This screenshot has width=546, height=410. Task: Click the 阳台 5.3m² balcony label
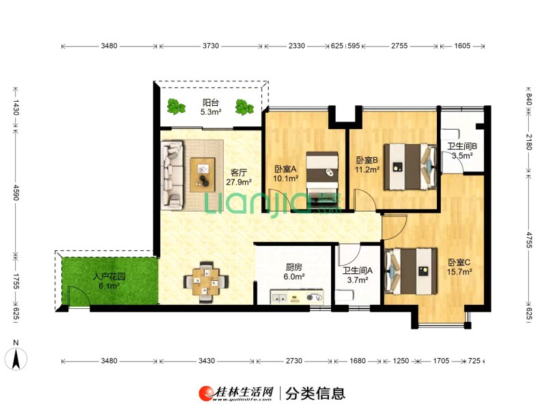211,107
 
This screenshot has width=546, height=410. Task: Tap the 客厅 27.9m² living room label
239,177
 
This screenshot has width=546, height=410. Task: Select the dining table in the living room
206,282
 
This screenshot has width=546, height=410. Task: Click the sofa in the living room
173,175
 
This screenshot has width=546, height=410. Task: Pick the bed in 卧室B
410,167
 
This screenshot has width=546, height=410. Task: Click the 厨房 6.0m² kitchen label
294,272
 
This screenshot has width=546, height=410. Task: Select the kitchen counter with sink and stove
297,297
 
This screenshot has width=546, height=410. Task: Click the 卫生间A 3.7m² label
358,275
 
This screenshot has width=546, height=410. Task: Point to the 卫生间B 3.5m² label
462,151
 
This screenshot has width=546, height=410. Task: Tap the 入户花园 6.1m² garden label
109,282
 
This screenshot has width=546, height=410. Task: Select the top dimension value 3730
211,46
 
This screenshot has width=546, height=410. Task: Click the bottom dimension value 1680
358,361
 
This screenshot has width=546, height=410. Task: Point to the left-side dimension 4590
16,192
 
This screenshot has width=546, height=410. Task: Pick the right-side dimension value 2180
529,142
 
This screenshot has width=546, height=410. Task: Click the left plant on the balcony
176,107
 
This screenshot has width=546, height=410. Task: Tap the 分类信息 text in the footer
315,394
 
